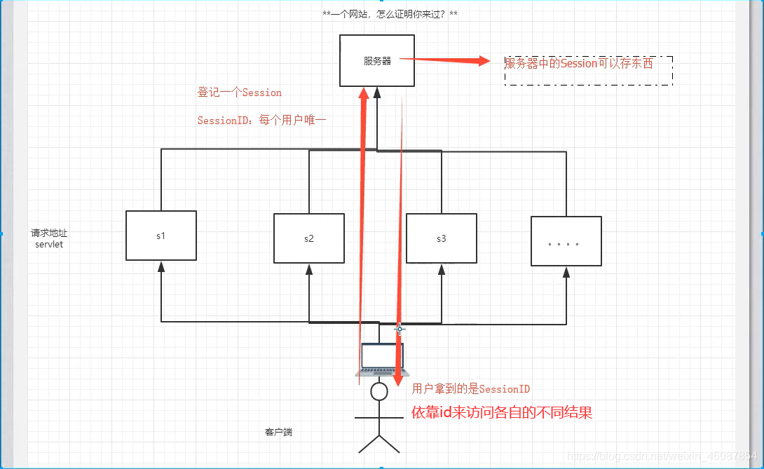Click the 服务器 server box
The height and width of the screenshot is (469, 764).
click(x=376, y=60)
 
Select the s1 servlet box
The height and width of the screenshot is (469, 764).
click(x=161, y=236)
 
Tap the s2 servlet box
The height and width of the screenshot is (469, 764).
click(x=308, y=238)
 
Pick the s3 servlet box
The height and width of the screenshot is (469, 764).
click(x=441, y=238)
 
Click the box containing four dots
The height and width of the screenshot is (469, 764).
click(x=566, y=241)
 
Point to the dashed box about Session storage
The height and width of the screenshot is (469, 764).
click(x=588, y=71)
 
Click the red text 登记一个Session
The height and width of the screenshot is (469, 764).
click(x=239, y=93)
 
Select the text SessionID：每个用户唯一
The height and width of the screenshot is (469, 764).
click(x=261, y=121)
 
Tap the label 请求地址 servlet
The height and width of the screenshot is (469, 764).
click(x=49, y=238)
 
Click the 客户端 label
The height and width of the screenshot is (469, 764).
click(x=278, y=432)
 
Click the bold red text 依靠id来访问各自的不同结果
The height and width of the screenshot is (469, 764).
click(x=502, y=412)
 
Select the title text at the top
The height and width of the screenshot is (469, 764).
click(x=390, y=14)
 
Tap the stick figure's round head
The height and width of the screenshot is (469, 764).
click(x=378, y=391)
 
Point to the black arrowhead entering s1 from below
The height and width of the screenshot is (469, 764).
click(x=161, y=266)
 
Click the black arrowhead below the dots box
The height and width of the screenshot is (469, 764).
click(x=566, y=272)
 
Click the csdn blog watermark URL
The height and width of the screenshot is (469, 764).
click(x=662, y=456)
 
